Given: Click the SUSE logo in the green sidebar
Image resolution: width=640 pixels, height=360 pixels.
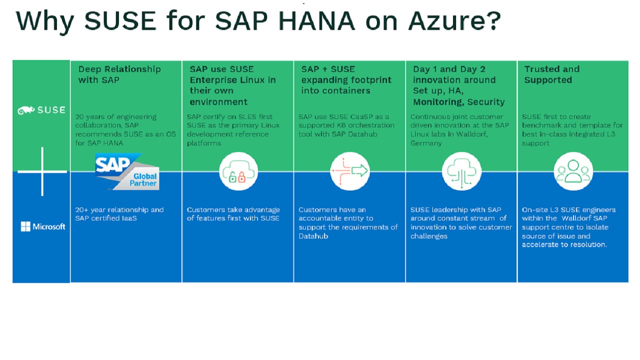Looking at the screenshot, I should pyautogui.click(x=41, y=110).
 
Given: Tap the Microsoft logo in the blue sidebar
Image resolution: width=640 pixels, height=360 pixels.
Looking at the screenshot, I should pyautogui.click(x=43, y=227).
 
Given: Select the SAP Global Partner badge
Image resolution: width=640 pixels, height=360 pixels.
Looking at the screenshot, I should pyautogui.click(x=126, y=172).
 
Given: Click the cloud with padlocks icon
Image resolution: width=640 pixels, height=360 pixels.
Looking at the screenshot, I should pyautogui.click(x=238, y=171).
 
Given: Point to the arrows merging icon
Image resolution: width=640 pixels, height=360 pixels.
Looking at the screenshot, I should pyautogui.click(x=350, y=171).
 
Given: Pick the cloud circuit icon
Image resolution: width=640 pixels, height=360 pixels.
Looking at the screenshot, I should pyautogui.click(x=461, y=171).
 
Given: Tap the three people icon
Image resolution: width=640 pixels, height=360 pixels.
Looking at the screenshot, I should pyautogui.click(x=573, y=171).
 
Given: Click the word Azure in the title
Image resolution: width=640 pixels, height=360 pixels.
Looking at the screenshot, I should pyautogui.click(x=454, y=21).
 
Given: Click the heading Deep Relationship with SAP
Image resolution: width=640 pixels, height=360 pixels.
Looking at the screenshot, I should pyautogui.click(x=119, y=74).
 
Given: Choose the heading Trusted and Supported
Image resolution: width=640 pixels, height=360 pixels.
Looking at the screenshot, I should pyautogui.click(x=551, y=74).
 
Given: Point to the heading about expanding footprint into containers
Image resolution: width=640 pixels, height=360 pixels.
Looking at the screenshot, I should pyautogui.click(x=346, y=80).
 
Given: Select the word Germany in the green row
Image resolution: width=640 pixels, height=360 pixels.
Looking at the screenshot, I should pyautogui.click(x=426, y=143).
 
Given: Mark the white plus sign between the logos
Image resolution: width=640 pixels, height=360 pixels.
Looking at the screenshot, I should pyautogui.click(x=42, y=171).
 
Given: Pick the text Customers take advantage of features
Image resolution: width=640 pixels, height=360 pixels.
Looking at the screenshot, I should pyautogui.click(x=233, y=214).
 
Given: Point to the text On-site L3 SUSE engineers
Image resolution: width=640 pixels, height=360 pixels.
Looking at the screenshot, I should pyautogui.click(x=568, y=210).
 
